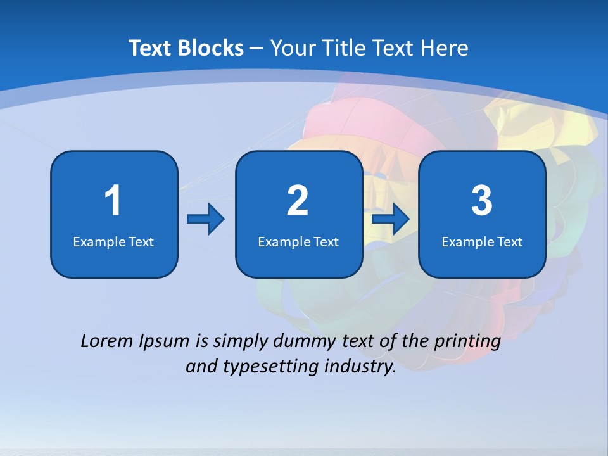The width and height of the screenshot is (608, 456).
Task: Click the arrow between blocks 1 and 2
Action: coord(206,219)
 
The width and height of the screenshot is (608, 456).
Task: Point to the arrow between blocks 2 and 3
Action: coord(391,219)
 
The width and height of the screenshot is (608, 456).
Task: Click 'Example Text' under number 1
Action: coord(113,241)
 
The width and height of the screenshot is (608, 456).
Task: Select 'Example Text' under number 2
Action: coord(298,241)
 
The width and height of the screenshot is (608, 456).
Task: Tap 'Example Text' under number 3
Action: coord(482,241)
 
